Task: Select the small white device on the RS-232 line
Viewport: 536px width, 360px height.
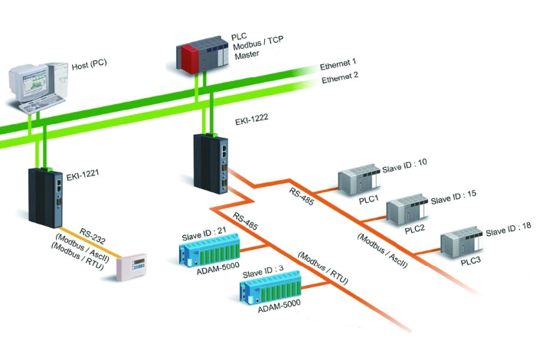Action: coord(129,265)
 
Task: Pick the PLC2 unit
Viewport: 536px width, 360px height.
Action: coord(406,208)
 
